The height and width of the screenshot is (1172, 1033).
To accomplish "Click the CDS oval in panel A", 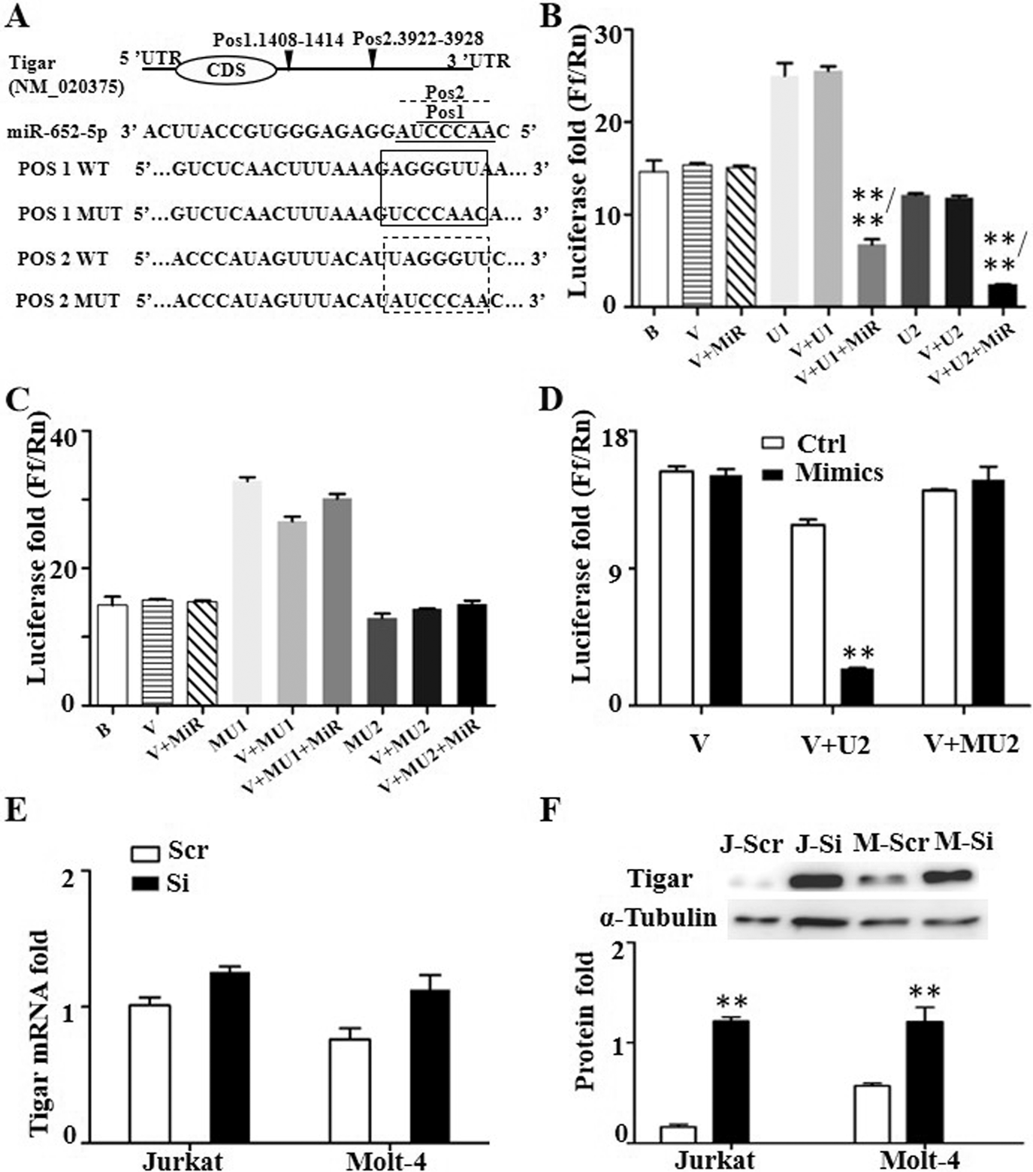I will coord(226,71).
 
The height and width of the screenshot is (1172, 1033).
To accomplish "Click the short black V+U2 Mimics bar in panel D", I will coord(856,686).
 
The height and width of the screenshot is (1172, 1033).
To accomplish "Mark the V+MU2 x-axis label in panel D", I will coord(971,743).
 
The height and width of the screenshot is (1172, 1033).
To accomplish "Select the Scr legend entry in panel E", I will coord(170,851).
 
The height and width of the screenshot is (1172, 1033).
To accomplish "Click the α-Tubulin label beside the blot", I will coord(658,918).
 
